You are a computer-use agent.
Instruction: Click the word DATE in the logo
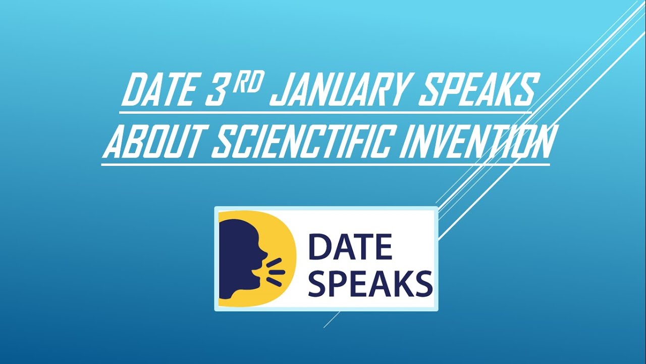point(350,247)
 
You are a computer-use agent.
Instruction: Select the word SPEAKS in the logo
point(370,284)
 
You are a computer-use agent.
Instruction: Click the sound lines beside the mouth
point(276,269)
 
